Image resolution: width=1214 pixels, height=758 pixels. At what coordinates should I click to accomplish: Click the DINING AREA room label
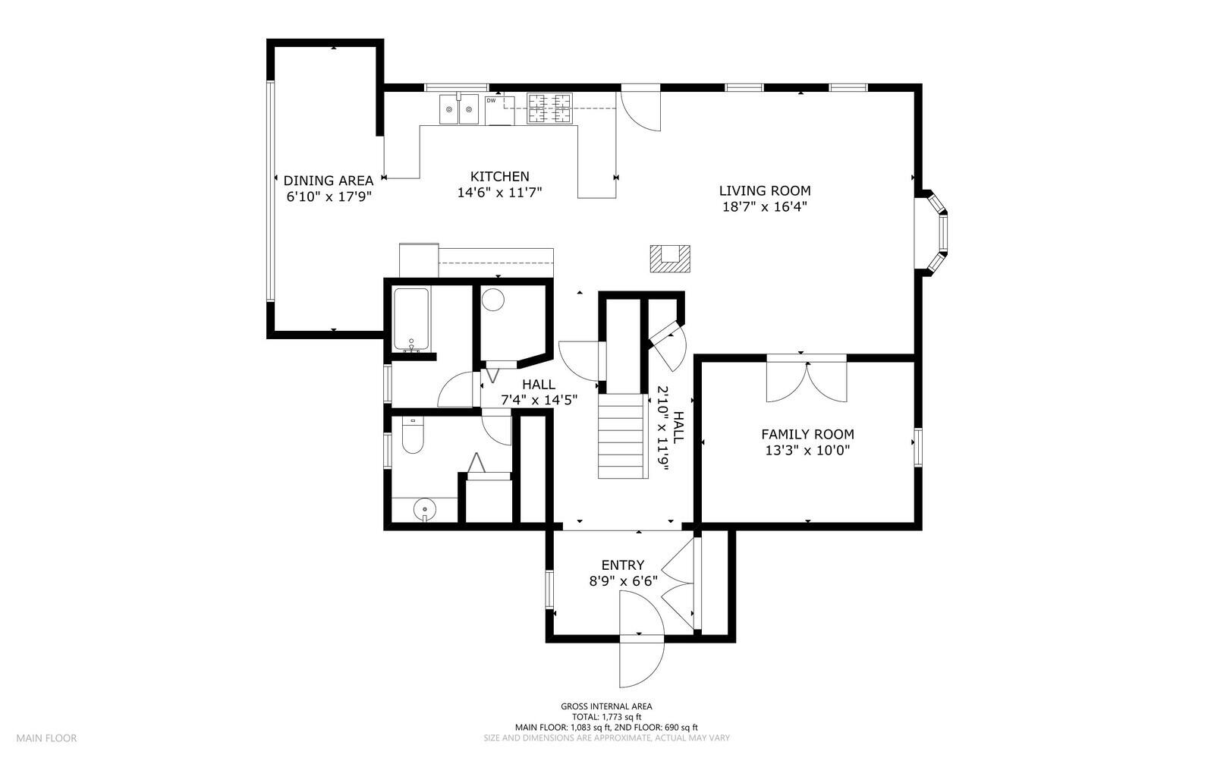[329, 181]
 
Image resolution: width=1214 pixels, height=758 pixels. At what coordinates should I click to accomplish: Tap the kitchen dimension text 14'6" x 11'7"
[500, 192]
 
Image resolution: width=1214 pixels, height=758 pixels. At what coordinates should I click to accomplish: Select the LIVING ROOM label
[765, 190]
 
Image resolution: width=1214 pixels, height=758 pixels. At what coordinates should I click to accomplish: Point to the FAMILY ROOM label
[807, 434]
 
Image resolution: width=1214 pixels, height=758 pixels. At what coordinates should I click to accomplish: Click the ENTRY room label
[623, 565]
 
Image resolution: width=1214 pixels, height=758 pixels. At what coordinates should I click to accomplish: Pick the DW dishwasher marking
[490, 100]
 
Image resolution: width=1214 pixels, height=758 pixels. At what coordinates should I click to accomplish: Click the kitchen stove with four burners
[549, 109]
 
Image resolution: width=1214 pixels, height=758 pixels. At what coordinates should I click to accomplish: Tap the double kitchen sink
[458, 109]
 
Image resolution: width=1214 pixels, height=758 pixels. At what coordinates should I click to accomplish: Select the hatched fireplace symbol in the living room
[670, 259]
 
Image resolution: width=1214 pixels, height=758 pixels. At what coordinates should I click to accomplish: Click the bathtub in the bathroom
[411, 319]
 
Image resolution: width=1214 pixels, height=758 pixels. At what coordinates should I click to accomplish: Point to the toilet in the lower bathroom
[413, 436]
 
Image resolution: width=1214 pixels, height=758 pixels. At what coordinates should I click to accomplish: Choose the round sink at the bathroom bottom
[424, 510]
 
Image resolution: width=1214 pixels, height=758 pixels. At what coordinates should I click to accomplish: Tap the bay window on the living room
[933, 233]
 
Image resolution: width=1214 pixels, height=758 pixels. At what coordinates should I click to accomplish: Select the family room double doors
[807, 379]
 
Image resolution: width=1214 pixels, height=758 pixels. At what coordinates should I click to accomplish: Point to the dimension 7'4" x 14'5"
[539, 401]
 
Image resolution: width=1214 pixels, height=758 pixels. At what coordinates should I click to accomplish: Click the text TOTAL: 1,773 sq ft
[606, 716]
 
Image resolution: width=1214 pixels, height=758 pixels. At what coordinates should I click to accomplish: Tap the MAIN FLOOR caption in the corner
[46, 738]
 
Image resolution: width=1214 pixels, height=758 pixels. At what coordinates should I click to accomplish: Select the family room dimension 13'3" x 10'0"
[807, 450]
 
